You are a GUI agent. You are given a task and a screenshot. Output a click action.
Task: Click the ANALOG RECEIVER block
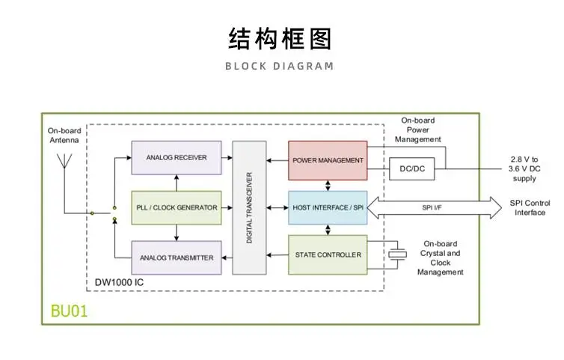pos(177,158)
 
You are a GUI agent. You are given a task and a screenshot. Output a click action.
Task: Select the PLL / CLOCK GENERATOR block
pos(177,207)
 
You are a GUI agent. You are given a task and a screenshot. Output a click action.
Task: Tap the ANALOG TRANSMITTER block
pos(177,257)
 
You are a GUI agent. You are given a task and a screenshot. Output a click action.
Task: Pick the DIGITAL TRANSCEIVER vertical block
pos(250,207)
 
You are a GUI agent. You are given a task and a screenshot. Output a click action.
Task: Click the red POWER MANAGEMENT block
pos(328,160)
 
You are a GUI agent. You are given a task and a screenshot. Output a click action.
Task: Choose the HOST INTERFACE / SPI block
pos(328,207)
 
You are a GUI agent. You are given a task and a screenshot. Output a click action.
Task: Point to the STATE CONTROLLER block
pos(328,255)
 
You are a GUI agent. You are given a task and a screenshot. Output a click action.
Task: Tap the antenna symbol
pos(65,159)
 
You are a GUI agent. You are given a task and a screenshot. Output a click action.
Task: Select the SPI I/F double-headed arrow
pos(434,207)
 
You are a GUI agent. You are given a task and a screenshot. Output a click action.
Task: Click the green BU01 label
pos(70,311)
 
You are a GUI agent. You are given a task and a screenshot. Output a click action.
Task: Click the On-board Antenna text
pos(64,135)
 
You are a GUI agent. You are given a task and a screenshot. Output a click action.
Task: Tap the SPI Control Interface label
pos(530,207)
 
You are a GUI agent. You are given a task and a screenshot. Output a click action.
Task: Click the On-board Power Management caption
pos(418,129)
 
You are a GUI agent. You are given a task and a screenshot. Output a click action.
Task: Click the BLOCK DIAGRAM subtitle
pos(280,66)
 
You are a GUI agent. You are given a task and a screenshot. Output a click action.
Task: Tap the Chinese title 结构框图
pos(280,38)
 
